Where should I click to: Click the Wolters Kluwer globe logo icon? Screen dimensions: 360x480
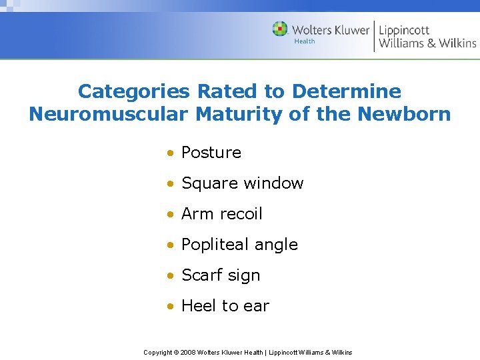pos(280,29)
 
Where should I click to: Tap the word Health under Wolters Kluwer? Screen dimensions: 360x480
pos(305,41)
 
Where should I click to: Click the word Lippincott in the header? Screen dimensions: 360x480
pos(404,29)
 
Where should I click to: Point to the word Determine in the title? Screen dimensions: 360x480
pos(347,91)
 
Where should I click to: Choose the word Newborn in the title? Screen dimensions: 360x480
pos(404,114)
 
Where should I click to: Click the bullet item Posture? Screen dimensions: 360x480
pos(211,153)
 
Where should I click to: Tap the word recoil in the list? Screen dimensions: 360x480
pos(240,214)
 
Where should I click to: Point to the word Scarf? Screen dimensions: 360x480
pos(203,275)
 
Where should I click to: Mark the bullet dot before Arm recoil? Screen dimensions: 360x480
pos(171,215)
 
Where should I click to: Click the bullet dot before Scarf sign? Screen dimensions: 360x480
pos(171,276)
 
